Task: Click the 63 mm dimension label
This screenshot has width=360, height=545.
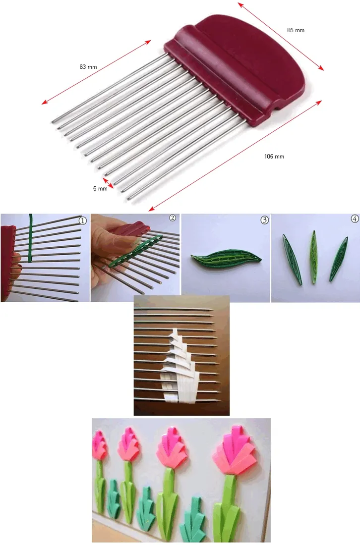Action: (88, 67)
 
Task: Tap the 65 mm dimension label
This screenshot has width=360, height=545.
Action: (296, 30)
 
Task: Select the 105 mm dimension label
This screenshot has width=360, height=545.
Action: (274, 157)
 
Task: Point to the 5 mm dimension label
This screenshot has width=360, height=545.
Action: (100, 188)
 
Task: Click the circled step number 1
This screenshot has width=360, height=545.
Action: (82, 220)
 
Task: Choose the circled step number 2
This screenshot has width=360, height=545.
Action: (173, 218)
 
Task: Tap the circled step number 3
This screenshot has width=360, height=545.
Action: (265, 220)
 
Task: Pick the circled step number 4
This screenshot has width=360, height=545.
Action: (355, 218)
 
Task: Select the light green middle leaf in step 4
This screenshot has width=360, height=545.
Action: (314, 257)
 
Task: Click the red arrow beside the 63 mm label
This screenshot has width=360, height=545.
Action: (96, 72)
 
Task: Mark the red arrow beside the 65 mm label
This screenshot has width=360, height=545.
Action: (281, 37)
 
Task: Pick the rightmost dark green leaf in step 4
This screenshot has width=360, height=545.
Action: (339, 259)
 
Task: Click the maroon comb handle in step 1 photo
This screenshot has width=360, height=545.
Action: (7, 264)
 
